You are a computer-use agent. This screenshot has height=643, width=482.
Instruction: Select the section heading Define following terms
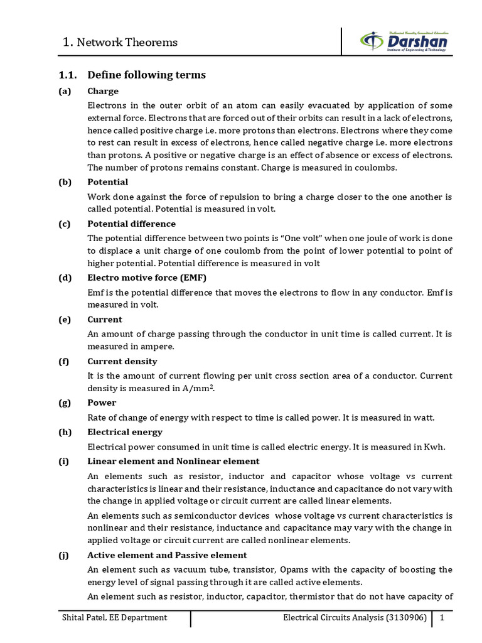(x=146, y=75)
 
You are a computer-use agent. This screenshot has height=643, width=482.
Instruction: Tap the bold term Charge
(x=103, y=91)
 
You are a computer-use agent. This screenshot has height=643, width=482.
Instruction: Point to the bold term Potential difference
(x=131, y=224)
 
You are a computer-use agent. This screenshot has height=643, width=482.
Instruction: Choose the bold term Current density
(x=122, y=361)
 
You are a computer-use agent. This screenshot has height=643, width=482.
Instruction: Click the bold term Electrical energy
(x=125, y=432)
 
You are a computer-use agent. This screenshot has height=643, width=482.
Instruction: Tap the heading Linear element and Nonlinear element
(x=173, y=461)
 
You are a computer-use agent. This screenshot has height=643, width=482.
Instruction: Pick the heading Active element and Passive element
(x=167, y=555)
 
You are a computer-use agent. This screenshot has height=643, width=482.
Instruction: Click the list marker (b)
(x=65, y=182)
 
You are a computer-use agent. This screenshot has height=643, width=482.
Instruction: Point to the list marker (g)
(x=65, y=403)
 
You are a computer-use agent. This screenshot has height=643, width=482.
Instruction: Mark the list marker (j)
(x=65, y=555)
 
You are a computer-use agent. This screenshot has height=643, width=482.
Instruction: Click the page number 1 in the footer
(x=442, y=617)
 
